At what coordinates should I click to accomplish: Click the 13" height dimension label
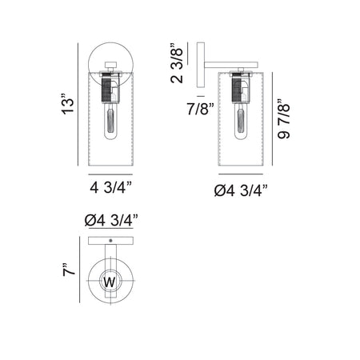pos(68,104)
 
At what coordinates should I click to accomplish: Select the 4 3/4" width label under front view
pos(111,187)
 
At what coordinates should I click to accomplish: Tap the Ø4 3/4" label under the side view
pos(241,190)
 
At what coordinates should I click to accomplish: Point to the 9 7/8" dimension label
pos(283,119)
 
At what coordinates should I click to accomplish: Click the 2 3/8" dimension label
pos(177,63)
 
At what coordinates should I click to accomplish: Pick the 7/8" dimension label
pos(201,109)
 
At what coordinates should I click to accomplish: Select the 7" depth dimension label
pos(69,270)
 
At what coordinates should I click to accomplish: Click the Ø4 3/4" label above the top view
pos(111,221)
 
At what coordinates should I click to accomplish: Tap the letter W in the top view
pos(110,282)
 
